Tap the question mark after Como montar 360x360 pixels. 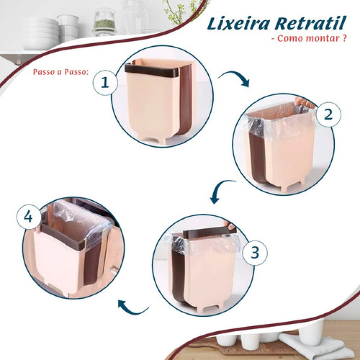(x=344, y=38)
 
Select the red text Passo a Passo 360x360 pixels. (x=61, y=72)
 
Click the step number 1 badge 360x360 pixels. (x=105, y=83)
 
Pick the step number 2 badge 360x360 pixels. (x=328, y=114)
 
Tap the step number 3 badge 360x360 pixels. (x=255, y=253)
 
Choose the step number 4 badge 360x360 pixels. (x=28, y=217)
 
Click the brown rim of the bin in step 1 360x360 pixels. (x=152, y=71)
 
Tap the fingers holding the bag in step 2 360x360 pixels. (x=305, y=103)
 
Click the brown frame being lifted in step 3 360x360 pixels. (x=209, y=233)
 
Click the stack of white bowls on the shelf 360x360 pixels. (x=40, y=33)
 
